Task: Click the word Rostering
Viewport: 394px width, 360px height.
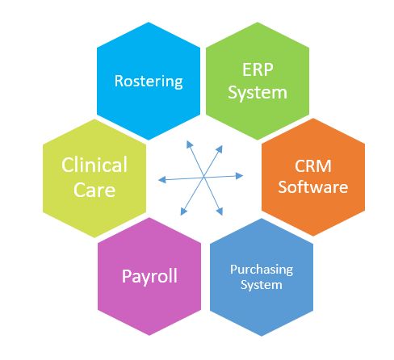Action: [149, 82]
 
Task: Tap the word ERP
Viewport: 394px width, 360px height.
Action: [258, 69]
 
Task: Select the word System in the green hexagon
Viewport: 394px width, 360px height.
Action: [258, 93]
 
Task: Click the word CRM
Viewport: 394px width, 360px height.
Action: [313, 166]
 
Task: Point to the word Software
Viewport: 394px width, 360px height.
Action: [313, 187]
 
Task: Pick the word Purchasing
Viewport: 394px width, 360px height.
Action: [262, 270]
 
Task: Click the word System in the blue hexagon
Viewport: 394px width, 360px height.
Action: [262, 285]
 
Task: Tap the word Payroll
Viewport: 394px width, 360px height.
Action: [149, 276]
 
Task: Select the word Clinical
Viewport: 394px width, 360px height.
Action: [94, 165]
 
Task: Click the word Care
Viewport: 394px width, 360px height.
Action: [94, 190]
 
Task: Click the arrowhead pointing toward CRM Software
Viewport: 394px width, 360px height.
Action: [239, 176]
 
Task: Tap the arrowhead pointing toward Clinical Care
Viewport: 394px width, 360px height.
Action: [162, 180]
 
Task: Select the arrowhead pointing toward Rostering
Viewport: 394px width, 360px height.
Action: [189, 144]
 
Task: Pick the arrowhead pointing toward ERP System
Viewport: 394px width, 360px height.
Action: [220, 149]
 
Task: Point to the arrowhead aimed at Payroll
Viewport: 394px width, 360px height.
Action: [183, 211]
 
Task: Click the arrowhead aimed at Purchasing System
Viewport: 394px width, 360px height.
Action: [220, 211]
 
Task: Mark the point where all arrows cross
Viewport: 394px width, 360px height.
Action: [203, 178]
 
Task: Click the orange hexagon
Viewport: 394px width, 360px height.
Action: [313, 177]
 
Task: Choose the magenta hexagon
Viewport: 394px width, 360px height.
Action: [149, 277]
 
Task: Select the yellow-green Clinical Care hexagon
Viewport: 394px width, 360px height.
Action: [94, 178]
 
